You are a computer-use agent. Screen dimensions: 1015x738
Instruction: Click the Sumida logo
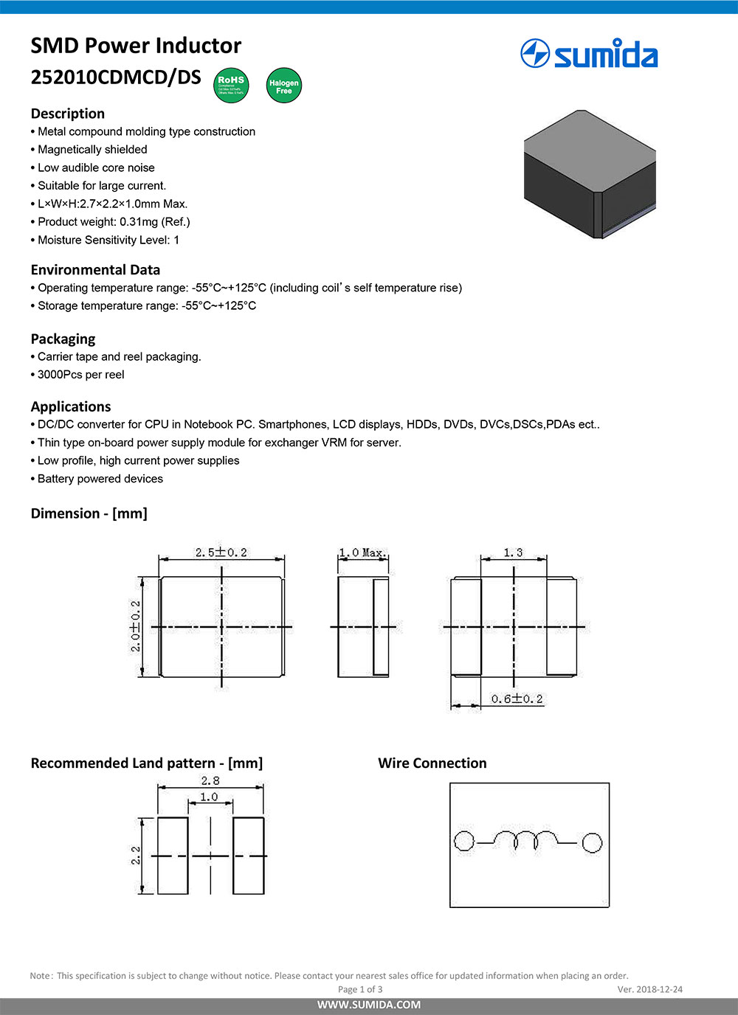[x=589, y=54]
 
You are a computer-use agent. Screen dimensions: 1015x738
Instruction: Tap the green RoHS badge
[x=231, y=85]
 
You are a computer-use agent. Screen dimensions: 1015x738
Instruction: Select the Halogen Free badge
[x=283, y=86]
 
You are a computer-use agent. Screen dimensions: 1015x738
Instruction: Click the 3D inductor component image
[x=589, y=174]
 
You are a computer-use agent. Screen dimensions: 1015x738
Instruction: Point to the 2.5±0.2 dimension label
[x=221, y=552]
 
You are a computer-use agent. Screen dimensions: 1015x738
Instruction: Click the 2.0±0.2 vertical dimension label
[x=136, y=626]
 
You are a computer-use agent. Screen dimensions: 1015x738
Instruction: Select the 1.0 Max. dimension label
[x=362, y=552]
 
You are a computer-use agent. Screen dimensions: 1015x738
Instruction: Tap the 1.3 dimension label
[x=513, y=552]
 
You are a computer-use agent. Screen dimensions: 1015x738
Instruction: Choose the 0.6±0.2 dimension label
[x=517, y=699]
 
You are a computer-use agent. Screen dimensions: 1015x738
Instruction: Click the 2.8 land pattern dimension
[x=210, y=780]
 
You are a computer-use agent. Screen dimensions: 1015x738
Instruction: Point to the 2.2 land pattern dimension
[x=136, y=856]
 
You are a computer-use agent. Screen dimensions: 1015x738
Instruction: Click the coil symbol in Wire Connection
[x=526, y=839]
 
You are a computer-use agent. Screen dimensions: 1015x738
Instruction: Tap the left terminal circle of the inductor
[x=463, y=841]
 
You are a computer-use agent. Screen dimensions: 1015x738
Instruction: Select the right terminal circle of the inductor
[x=592, y=842]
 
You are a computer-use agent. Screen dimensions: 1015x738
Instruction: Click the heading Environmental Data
[x=95, y=270]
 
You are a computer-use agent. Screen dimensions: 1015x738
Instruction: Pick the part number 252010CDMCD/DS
[x=116, y=77]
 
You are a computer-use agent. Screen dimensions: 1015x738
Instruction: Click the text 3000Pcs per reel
[x=81, y=375]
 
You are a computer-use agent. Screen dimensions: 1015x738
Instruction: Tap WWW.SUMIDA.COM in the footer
[x=369, y=1005]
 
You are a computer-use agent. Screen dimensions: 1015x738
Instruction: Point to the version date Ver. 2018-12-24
[x=649, y=989]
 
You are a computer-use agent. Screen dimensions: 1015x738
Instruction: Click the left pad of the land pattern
[x=173, y=856]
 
